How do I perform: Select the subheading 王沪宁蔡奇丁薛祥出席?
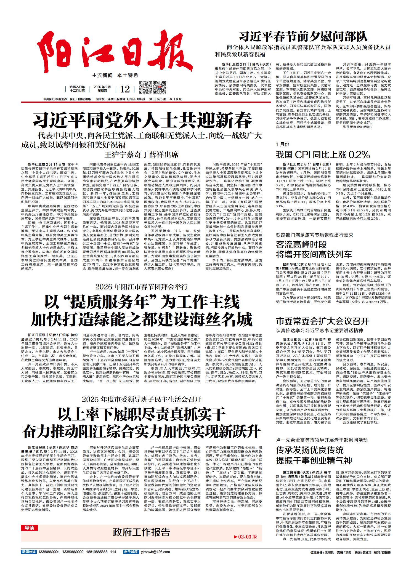pyautogui.click(x=141, y=154)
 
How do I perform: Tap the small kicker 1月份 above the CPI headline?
pyautogui.click(x=283, y=144)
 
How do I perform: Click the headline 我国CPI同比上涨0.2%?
pyautogui.click(x=323, y=154)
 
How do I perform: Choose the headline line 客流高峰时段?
pyautogui.click(x=301, y=244)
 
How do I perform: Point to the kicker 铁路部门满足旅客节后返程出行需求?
pyautogui.click(x=314, y=235)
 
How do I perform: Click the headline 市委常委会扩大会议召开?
pyautogui.click(x=322, y=321)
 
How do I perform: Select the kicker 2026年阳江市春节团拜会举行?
pyautogui.click(x=141, y=287)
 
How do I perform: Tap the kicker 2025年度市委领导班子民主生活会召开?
pyautogui.click(x=141, y=399)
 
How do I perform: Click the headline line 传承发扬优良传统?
pyautogui.click(x=310, y=450)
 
